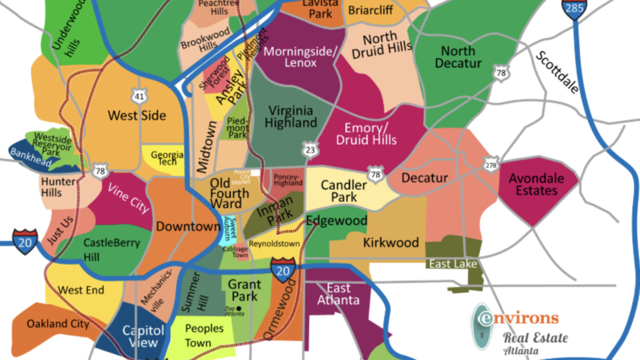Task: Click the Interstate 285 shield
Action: click(574, 8)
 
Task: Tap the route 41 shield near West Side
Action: click(139, 96)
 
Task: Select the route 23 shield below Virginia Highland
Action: click(310, 149)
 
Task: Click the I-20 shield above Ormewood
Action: click(283, 271)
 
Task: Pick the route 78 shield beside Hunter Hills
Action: click(100, 171)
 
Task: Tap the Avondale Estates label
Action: click(536, 184)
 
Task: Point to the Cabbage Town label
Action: click(235, 251)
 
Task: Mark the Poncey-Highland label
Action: click(288, 180)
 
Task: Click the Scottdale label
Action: click(557, 72)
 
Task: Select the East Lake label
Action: click(453, 265)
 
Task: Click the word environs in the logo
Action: click(518, 318)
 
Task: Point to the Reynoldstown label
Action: click(274, 244)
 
